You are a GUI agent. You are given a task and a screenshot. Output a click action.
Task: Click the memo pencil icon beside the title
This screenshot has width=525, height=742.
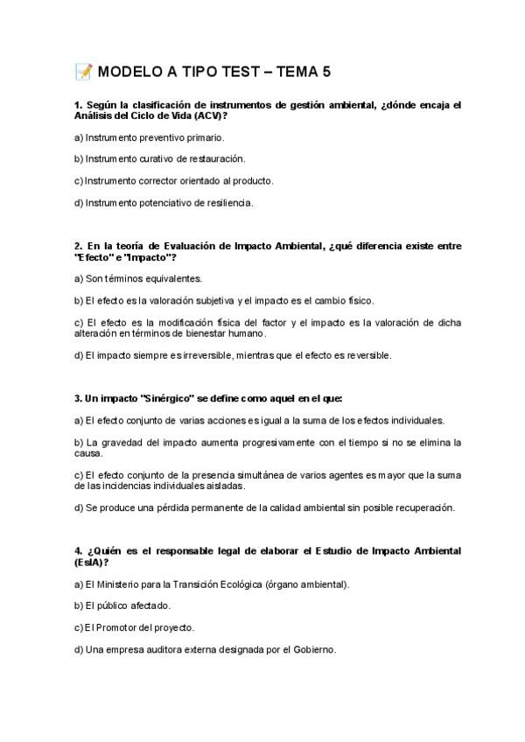(x=84, y=72)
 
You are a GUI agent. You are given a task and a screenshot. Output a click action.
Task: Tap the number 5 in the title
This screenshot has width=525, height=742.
(x=325, y=72)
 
